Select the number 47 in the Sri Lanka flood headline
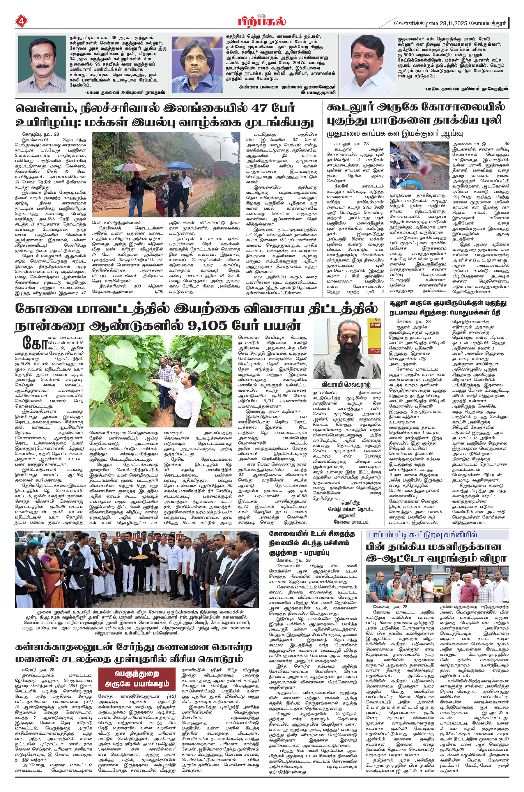tap(263, 108)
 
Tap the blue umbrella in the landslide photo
tap(175, 165)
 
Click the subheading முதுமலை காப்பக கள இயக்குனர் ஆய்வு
tap(394, 134)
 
